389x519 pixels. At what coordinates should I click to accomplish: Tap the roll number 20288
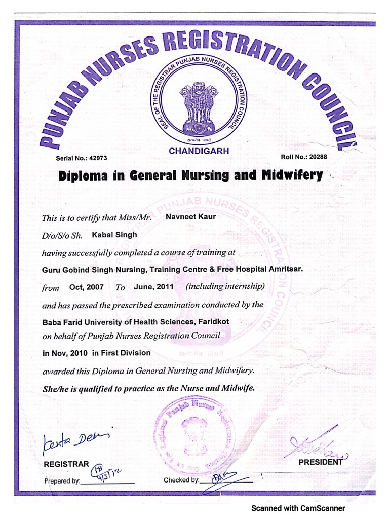coord(316,157)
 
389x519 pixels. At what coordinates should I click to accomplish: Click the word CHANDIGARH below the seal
coord(199,151)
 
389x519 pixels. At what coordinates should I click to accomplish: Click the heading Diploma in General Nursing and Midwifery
coord(190,176)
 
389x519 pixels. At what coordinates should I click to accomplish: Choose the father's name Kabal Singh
coord(114,235)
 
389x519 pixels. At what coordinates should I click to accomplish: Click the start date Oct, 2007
coord(87,287)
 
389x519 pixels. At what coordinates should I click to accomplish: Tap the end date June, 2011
coord(153,287)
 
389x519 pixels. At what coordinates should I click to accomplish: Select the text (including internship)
coord(225,286)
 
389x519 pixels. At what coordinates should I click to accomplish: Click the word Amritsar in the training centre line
coord(281,269)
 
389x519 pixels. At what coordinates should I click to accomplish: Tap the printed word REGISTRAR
coord(66,464)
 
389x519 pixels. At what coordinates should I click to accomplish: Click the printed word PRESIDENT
coord(320,462)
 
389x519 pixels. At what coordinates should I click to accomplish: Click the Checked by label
coord(181,480)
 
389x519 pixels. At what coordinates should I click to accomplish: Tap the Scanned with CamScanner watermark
coord(298,508)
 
